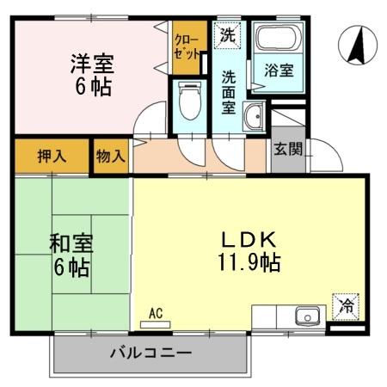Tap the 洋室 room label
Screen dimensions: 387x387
[91, 64]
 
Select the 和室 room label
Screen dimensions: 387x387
[71, 245]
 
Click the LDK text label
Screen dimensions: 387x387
[249, 238]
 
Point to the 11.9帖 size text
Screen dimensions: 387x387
[249, 261]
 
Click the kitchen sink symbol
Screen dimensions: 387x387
[306, 316]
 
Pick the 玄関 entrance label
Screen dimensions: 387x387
[288, 148]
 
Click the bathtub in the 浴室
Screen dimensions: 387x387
[277, 40]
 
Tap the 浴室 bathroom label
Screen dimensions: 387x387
[278, 71]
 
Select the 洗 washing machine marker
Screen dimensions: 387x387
[227, 35]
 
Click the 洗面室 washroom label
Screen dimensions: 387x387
[228, 91]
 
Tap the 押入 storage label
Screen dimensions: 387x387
[52, 157]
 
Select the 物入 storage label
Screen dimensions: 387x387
[111, 157]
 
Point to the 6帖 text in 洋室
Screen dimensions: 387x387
[91, 87]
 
